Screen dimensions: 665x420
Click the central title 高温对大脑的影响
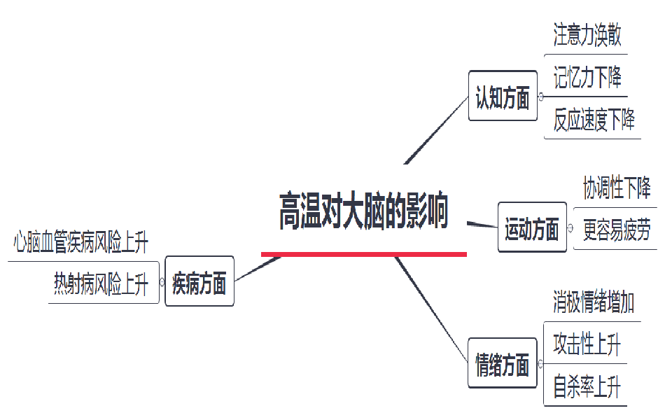[363, 211]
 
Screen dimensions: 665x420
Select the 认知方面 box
[503, 96]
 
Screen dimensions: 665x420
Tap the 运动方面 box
[532, 227]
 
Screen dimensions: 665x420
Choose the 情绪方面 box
[502, 363]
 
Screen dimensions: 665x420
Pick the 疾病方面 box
[199, 281]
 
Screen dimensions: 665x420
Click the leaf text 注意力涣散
[587, 35]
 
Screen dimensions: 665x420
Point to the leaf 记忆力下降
[587, 77]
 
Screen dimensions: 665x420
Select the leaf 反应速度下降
[594, 120]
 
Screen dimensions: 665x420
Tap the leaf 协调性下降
[617, 188]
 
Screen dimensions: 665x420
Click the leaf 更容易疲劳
[617, 230]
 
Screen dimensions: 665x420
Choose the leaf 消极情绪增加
[594, 302]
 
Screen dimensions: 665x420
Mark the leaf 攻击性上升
[587, 344]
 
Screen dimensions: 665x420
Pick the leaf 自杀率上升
[587, 386]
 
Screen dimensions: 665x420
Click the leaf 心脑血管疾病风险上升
[80, 242]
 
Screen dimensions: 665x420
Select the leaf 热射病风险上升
[101, 283]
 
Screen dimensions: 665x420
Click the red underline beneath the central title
[364, 255]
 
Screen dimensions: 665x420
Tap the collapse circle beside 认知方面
[540, 97]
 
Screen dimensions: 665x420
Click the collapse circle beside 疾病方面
[162, 281]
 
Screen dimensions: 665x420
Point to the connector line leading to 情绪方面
[431, 309]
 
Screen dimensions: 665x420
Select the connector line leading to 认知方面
[436, 130]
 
